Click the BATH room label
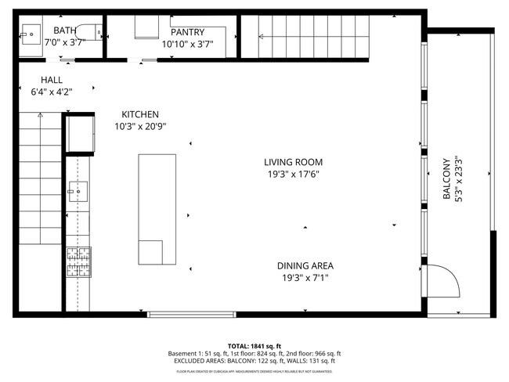64,31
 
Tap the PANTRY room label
187,32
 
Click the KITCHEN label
140,114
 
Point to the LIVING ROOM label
293,162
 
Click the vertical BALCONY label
447,179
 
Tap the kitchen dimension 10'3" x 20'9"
140,126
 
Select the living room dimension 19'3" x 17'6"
293,175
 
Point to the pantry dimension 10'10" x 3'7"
187,45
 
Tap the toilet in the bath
96,33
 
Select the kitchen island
157,210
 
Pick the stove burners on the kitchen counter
79,261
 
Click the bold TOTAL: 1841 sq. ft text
254,345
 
